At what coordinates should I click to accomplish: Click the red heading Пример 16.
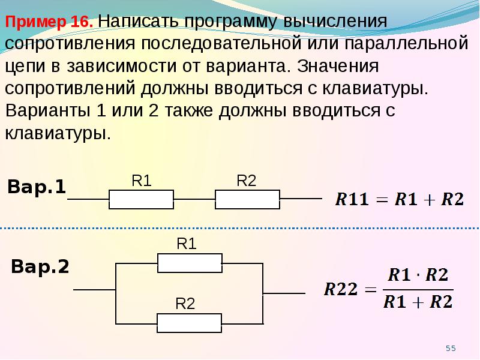tap(49, 22)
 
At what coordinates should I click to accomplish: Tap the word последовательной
tap(221, 43)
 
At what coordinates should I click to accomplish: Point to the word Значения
tap(338, 65)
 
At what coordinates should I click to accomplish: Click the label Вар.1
tap(37, 187)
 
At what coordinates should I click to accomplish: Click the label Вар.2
tap(40, 266)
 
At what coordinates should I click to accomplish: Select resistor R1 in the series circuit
tap(142, 199)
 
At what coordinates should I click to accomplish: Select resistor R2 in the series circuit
tap(247, 199)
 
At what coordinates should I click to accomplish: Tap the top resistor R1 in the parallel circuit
tap(190, 263)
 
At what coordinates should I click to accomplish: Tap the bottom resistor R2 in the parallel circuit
tap(189, 323)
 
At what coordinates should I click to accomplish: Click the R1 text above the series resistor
tap(142, 181)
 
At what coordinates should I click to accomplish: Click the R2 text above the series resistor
tap(247, 181)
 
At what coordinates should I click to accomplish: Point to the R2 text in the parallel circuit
tap(185, 304)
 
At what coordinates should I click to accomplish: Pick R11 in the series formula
tap(352, 199)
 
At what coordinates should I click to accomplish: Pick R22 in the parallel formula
tap(341, 289)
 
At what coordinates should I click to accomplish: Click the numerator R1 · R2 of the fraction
tap(418, 275)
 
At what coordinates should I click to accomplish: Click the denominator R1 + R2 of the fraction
tap(418, 302)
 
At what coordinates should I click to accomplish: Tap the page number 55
tap(451, 348)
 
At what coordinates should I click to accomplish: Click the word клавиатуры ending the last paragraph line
tap(58, 133)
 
